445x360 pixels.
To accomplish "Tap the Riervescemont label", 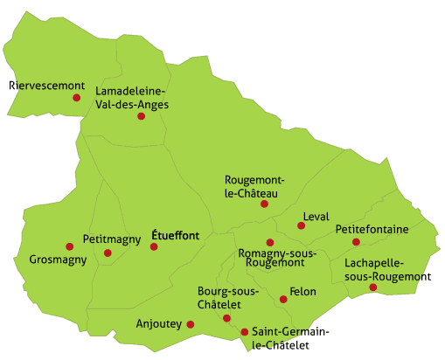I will click(x=46, y=85).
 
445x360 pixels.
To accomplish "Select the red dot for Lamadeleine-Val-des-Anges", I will click(x=141, y=115).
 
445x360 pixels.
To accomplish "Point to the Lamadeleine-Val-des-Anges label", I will click(x=132, y=98).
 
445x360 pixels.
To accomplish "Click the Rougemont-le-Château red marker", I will click(x=264, y=204).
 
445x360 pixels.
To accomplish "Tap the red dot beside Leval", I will click(x=301, y=225).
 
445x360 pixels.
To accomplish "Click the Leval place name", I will click(x=315, y=216).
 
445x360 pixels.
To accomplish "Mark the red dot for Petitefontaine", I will click(x=356, y=242).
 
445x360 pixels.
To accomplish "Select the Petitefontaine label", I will click(x=372, y=230).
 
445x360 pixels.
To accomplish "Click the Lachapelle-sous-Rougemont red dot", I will click(x=373, y=287).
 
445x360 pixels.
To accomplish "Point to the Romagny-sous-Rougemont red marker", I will click(x=270, y=242).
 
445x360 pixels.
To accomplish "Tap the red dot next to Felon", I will click(x=283, y=299).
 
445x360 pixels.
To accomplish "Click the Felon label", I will click(x=302, y=291).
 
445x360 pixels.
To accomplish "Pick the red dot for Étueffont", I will click(x=154, y=246).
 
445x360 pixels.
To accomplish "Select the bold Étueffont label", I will click(x=175, y=234).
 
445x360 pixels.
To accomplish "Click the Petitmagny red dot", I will click(x=108, y=253).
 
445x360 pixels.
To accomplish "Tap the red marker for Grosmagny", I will click(x=70, y=246).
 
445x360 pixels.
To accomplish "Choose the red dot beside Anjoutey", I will click(x=191, y=324).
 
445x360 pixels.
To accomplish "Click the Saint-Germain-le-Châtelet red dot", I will click(x=244, y=331).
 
